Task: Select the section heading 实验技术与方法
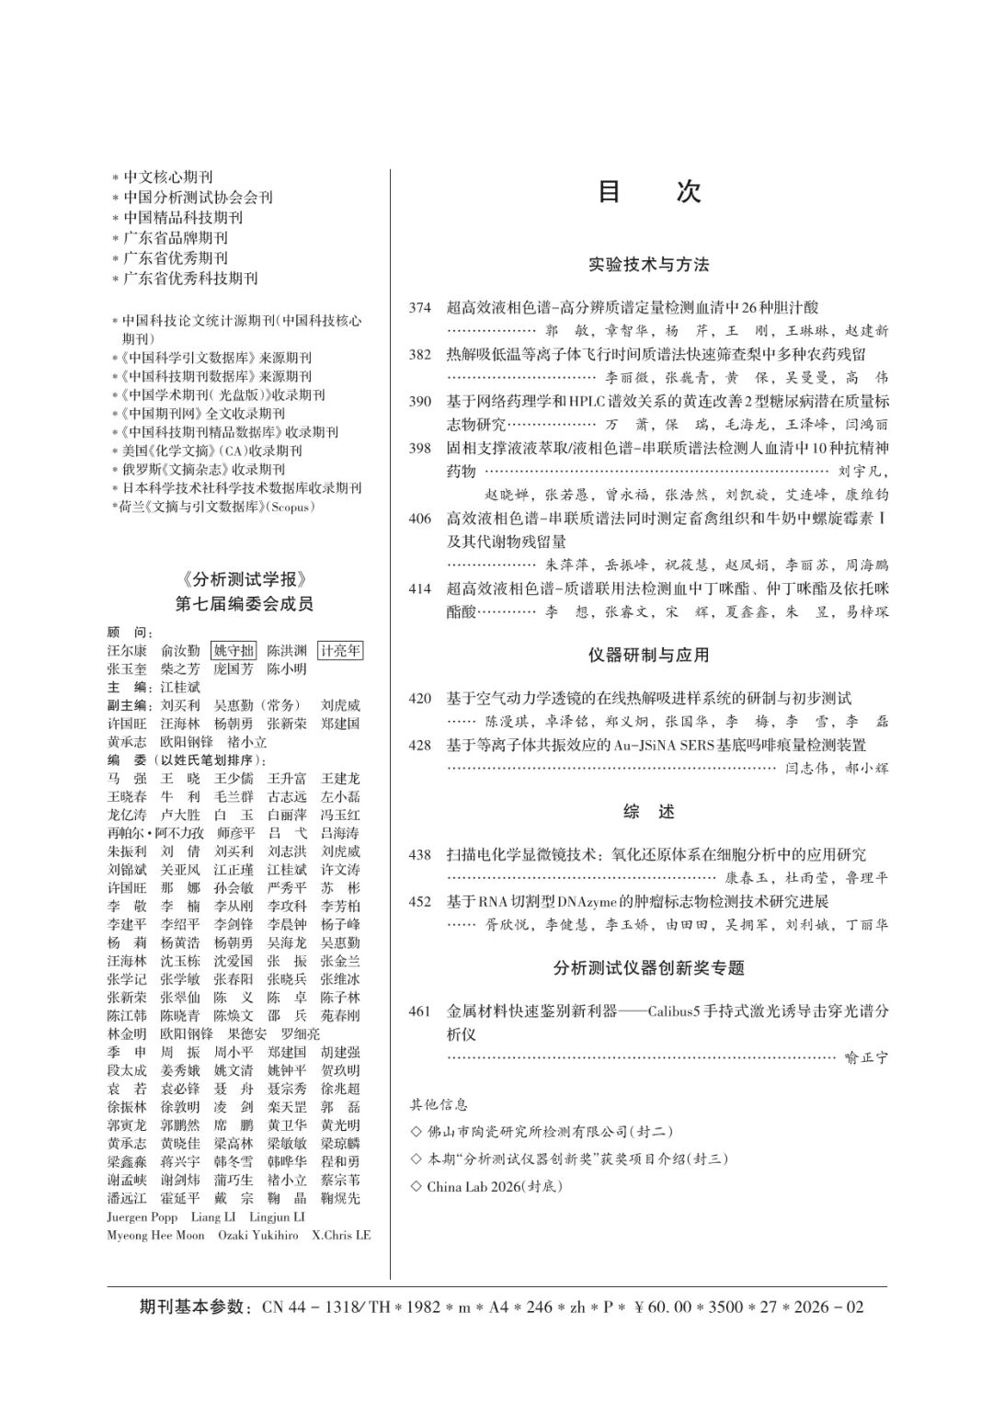tap(648, 265)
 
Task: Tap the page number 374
tap(420, 308)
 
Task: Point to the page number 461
tap(420, 1011)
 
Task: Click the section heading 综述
tap(648, 812)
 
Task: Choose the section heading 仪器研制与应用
tap(648, 656)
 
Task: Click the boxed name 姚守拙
tap(234, 651)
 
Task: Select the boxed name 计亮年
tap(340, 651)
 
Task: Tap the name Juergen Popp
tap(143, 1216)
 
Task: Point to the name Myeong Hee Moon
tap(155, 1235)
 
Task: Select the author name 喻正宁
tap(866, 1058)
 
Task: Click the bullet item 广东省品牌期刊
tap(176, 238)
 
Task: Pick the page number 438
tap(420, 855)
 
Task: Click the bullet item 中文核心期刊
tap(168, 177)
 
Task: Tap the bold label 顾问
tap(130, 634)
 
